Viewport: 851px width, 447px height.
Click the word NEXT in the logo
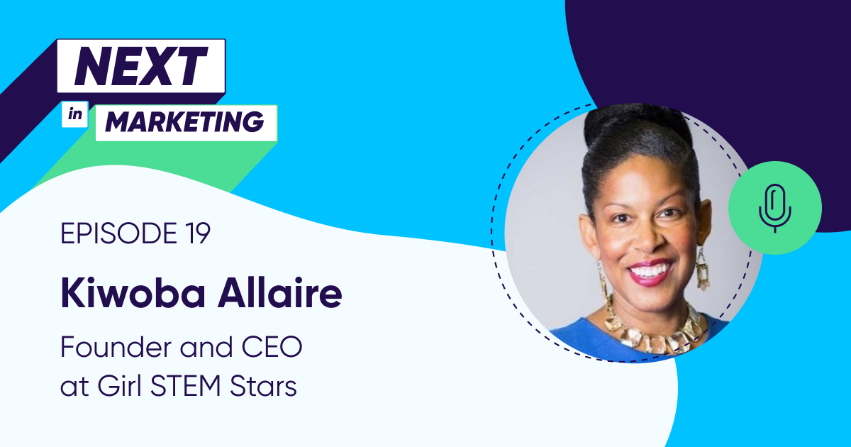(140, 68)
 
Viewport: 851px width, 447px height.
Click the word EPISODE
(113, 234)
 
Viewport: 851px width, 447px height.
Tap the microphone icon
(774, 209)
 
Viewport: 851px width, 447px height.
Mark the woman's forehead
(642, 177)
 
